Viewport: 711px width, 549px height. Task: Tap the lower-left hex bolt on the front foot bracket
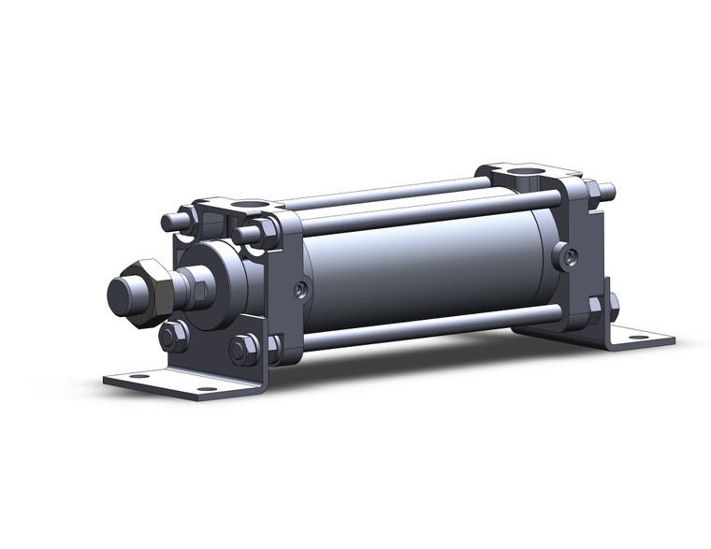pos(173,336)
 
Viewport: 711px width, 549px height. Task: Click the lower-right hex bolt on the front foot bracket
pos(243,349)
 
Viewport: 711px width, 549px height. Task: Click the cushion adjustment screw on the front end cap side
pos(300,290)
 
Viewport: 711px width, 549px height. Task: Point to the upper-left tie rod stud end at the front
pos(169,223)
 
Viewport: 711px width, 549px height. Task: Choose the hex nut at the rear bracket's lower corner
pos(595,305)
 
